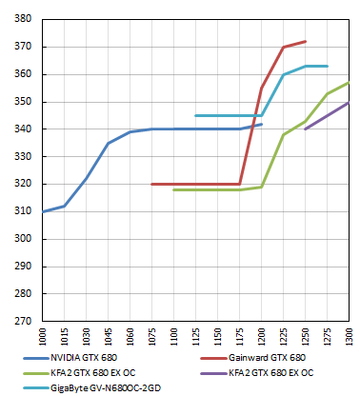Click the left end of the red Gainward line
coord(152,184)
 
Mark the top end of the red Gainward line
coord(305,41)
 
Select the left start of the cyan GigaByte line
coord(196,115)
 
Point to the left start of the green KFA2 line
coord(174,189)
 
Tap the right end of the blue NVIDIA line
coord(261,124)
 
